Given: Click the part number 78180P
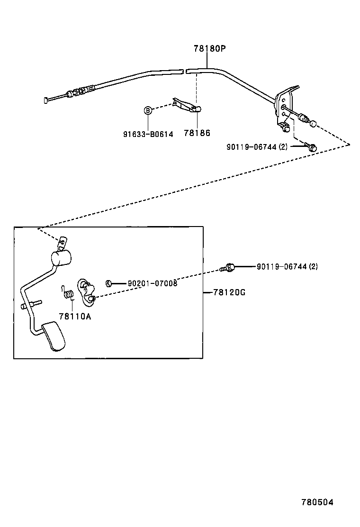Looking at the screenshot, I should [209, 48].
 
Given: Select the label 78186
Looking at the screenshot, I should [198, 134].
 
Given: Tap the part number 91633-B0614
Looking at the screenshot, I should [148, 134].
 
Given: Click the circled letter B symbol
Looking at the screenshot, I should [148, 110].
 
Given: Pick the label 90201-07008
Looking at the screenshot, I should [152, 283].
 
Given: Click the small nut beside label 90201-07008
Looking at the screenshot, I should [108, 283].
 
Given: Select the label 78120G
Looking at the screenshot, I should [229, 292].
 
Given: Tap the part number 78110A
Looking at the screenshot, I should [75, 316].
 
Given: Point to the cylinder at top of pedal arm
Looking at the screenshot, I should [60, 259].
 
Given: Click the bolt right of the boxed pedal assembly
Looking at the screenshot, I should [228, 268].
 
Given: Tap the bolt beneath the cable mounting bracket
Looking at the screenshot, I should [311, 147].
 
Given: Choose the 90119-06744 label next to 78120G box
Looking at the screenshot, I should [287, 267].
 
